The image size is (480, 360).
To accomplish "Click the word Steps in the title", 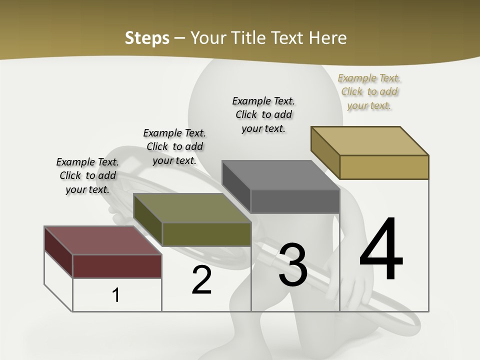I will pyautogui.click(x=146, y=38).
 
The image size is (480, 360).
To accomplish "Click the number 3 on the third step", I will pyautogui.click(x=292, y=265).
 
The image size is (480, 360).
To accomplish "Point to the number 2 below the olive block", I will pyautogui.click(x=201, y=280).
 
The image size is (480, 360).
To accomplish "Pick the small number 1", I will pyautogui.click(x=116, y=295).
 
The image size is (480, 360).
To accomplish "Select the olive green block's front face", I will pyautogui.click(x=206, y=234).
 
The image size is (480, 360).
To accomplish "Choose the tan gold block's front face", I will pyautogui.click(x=384, y=167).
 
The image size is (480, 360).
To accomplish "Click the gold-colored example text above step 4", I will pyautogui.click(x=369, y=91).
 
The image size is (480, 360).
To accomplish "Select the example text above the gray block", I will pyautogui.click(x=263, y=114).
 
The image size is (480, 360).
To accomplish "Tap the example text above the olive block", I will pyautogui.click(x=174, y=146).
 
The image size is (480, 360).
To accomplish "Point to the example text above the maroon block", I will pyautogui.click(x=87, y=175).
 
